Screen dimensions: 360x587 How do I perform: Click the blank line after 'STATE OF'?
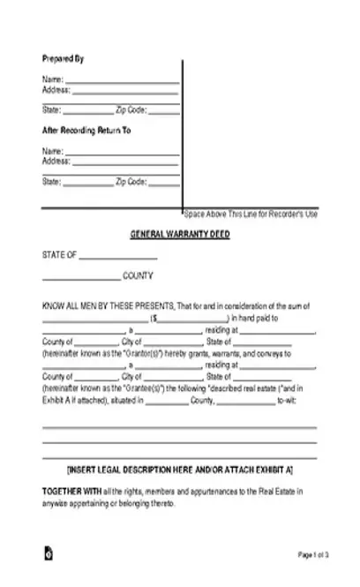[118, 258]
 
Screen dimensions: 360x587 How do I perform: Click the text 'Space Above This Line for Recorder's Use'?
[251, 215]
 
